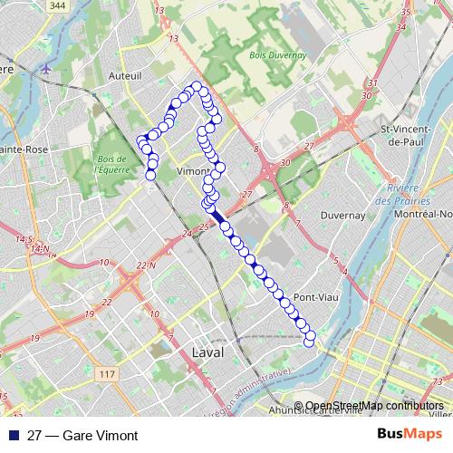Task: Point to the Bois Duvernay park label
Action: point(277,55)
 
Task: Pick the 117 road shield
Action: point(108,374)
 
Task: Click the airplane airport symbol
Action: point(47,68)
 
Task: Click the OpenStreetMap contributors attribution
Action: point(373,406)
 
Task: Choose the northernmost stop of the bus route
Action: point(196,86)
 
